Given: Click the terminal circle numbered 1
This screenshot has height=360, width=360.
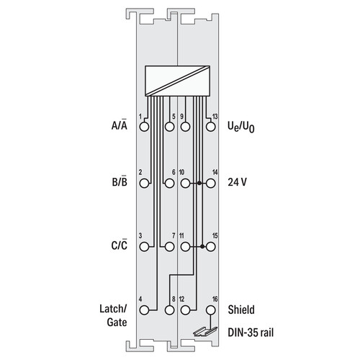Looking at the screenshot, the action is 144,127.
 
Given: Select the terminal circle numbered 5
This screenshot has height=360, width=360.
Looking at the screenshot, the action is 170,127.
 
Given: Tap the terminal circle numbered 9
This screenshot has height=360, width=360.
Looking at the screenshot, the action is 185,127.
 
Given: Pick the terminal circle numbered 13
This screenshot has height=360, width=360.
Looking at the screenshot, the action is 210,127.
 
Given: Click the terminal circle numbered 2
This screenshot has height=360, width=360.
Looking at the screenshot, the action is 144,184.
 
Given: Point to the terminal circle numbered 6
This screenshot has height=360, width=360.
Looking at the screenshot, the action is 170,184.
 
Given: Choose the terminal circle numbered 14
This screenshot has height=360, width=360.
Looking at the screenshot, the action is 210,184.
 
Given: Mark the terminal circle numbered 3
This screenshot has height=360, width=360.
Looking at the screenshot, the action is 144,246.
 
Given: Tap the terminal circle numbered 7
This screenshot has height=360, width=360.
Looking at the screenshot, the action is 170,246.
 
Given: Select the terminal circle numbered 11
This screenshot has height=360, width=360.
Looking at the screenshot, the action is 185,246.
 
